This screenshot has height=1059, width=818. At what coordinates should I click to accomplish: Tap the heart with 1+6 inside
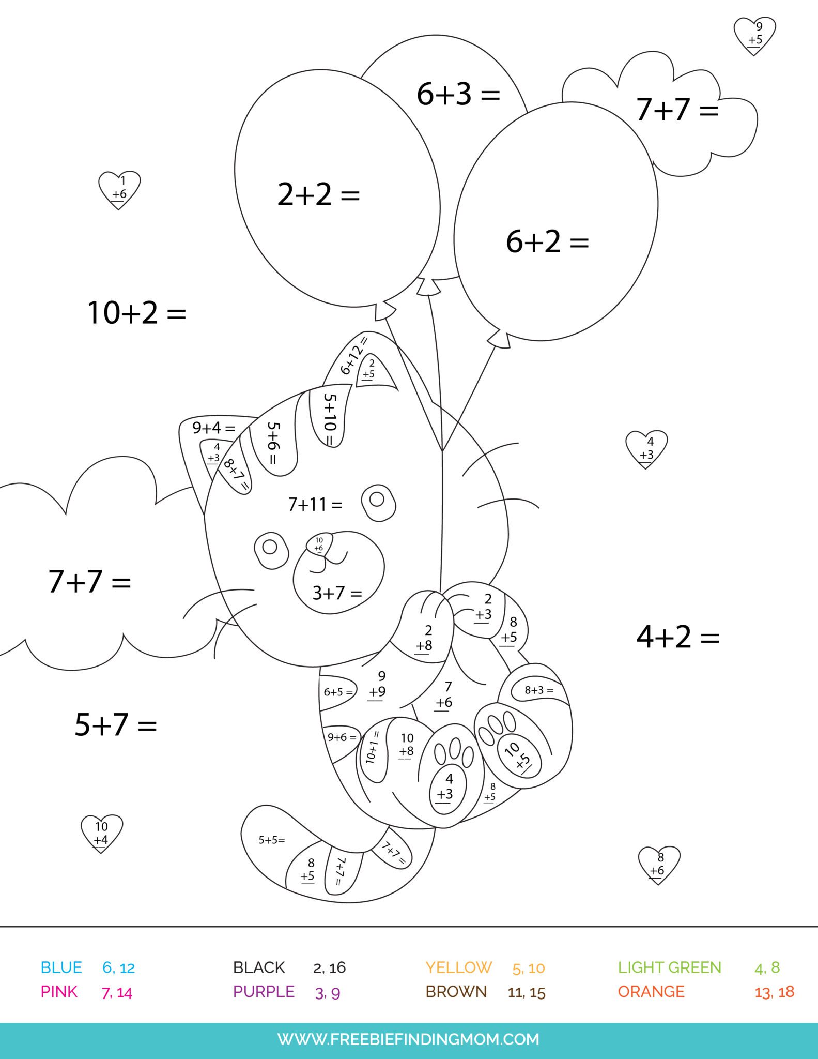(x=119, y=189)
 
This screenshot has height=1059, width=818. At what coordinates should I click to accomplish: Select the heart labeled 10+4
(x=102, y=833)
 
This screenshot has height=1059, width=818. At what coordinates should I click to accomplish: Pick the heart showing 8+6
(x=659, y=864)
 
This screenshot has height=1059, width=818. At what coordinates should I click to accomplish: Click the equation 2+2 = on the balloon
(x=318, y=195)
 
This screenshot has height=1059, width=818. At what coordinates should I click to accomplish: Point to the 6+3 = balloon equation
(x=458, y=95)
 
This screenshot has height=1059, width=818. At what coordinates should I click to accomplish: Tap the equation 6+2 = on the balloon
(x=547, y=241)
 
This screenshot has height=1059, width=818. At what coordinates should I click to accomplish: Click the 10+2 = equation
(x=136, y=313)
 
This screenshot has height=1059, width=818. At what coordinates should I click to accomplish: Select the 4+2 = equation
(x=677, y=637)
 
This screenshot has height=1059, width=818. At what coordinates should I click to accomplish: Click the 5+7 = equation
(x=116, y=724)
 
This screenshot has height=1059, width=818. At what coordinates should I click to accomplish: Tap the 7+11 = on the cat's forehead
(x=315, y=504)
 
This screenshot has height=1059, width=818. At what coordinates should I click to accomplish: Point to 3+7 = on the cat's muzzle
(x=337, y=593)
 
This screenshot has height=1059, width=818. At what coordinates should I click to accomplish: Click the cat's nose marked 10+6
(x=319, y=544)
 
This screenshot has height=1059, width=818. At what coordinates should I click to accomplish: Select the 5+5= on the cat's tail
(x=272, y=840)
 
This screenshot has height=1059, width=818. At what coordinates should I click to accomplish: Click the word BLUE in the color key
(x=61, y=967)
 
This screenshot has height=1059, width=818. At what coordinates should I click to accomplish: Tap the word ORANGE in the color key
(x=651, y=992)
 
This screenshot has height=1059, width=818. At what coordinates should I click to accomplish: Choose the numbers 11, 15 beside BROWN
(x=526, y=992)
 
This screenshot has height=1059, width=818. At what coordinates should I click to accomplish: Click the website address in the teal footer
(x=408, y=1039)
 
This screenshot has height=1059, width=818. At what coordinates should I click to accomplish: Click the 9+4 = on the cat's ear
(x=213, y=428)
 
